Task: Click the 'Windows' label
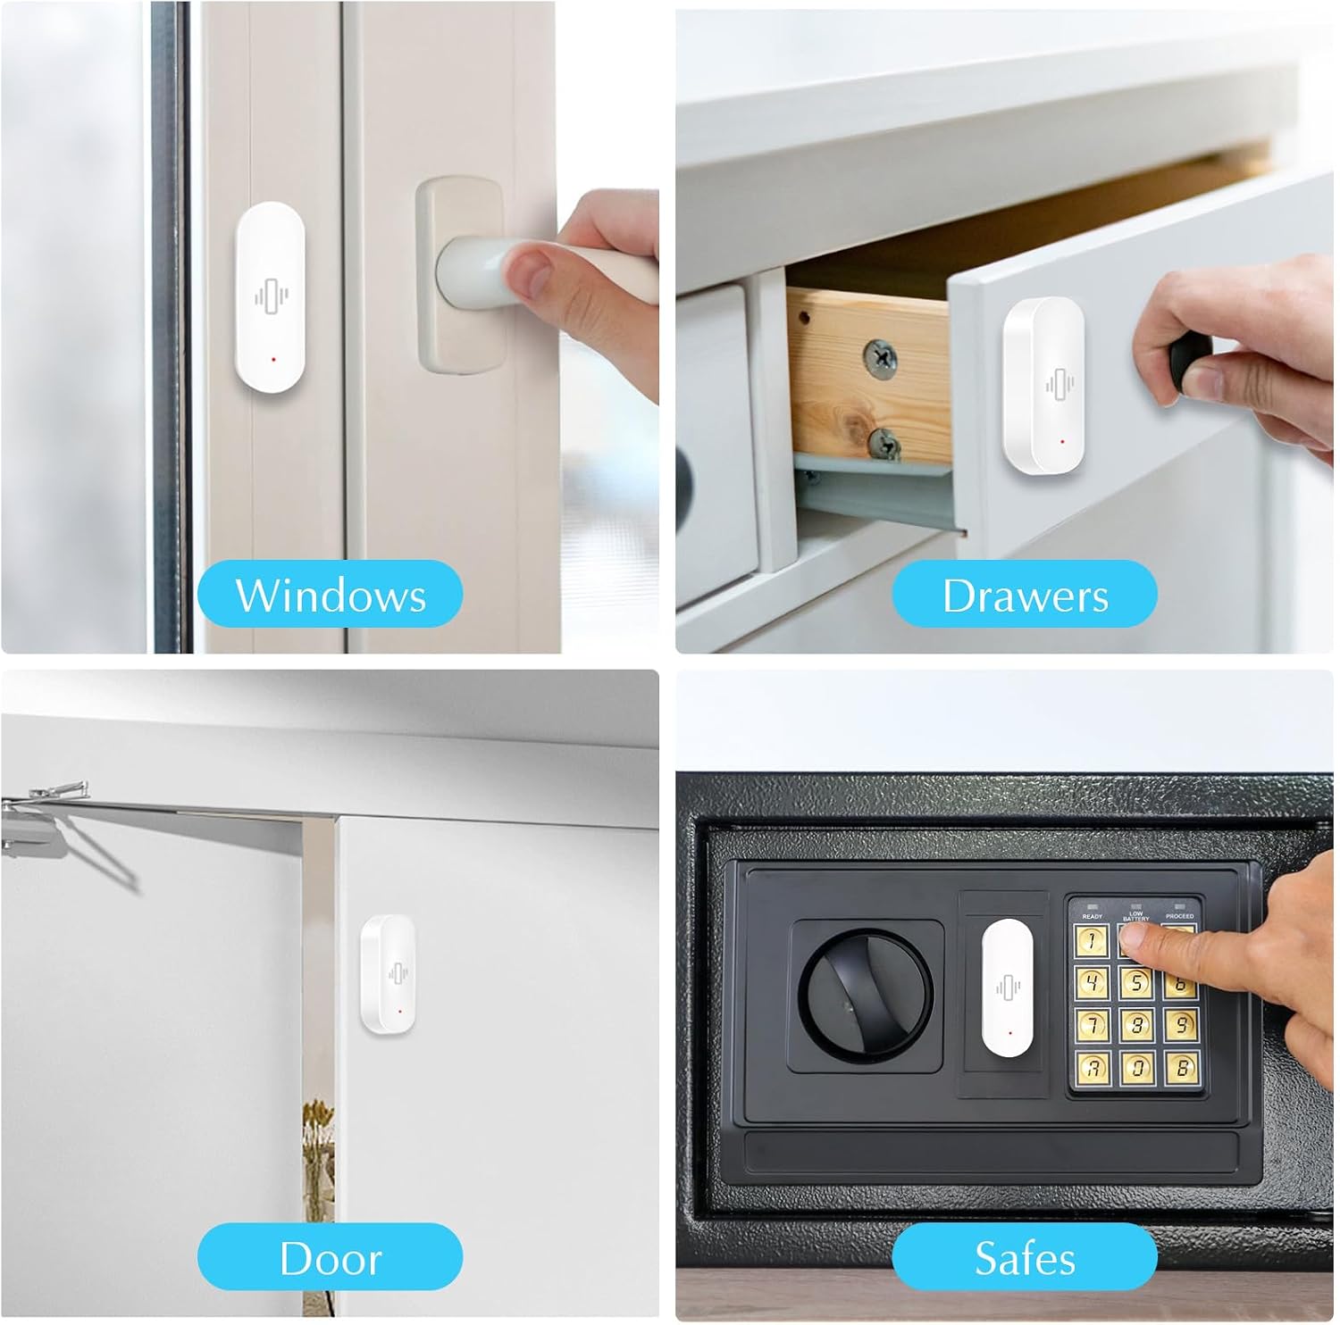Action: pyautogui.click(x=330, y=595)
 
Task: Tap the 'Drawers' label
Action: pyautogui.click(x=1025, y=595)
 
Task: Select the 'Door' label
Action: pyautogui.click(x=330, y=1257)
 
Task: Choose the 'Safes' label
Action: pyautogui.click(x=1025, y=1257)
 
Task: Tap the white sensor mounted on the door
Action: pyautogui.click(x=388, y=976)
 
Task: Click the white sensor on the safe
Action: pyautogui.click(x=1007, y=987)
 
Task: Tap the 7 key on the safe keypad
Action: pyautogui.click(x=1092, y=1023)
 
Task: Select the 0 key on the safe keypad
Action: pyautogui.click(x=1135, y=1066)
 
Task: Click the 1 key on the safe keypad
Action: pyautogui.click(x=1092, y=939)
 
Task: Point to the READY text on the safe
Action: pyautogui.click(x=1092, y=916)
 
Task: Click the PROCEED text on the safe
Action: pyautogui.click(x=1179, y=916)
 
